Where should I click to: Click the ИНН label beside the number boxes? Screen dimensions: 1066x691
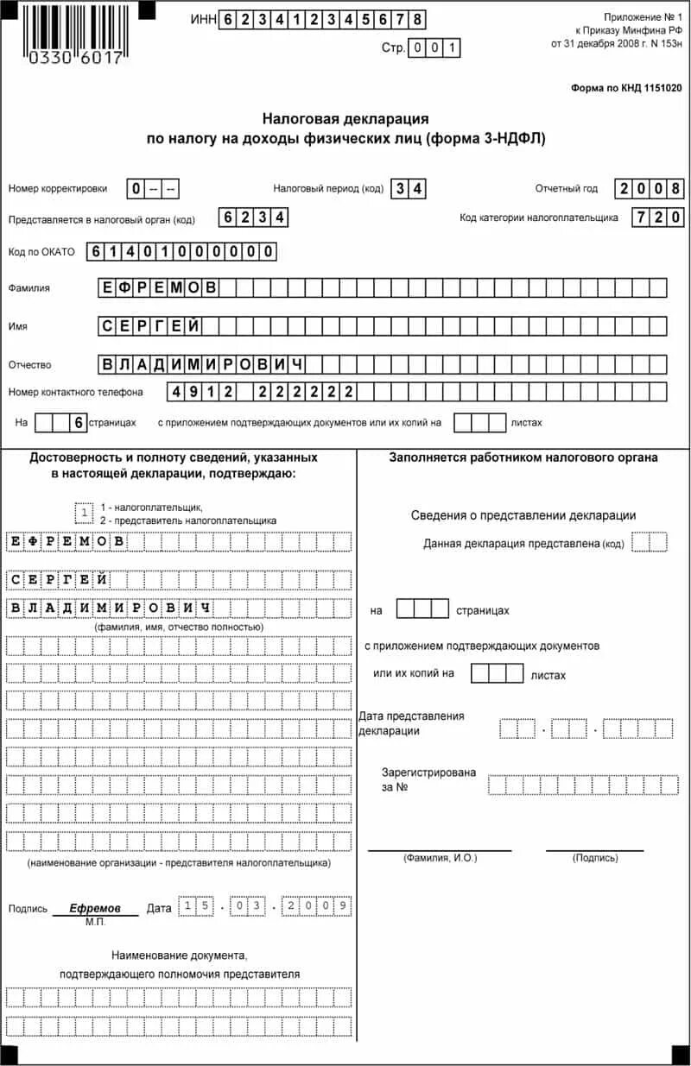[204, 20]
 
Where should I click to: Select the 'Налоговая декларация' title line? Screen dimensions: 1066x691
[345, 118]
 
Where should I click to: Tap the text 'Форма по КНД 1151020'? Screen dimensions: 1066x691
[626, 88]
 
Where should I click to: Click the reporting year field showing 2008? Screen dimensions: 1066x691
[650, 189]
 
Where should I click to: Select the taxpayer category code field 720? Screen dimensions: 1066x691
[658, 218]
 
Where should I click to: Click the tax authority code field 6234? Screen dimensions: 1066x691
[253, 218]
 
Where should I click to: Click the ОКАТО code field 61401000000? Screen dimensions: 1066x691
[181, 252]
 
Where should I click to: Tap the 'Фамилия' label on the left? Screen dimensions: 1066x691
[29, 288]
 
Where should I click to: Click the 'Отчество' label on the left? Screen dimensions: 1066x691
[30, 365]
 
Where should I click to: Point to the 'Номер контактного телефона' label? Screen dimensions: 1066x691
[76, 392]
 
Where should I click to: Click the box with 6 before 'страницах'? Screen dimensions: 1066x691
[79, 423]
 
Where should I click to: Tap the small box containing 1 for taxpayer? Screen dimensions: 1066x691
[85, 514]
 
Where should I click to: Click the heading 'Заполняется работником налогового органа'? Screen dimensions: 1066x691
[523, 457]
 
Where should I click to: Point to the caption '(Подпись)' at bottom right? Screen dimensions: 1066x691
[594, 858]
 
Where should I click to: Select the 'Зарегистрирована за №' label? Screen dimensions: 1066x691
[428, 780]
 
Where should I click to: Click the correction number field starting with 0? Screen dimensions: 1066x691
[154, 189]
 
